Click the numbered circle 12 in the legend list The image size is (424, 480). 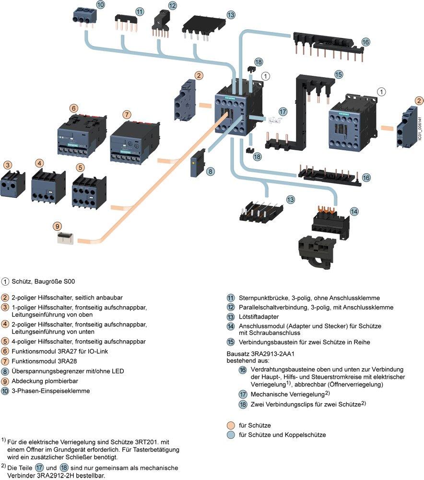(231, 307)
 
